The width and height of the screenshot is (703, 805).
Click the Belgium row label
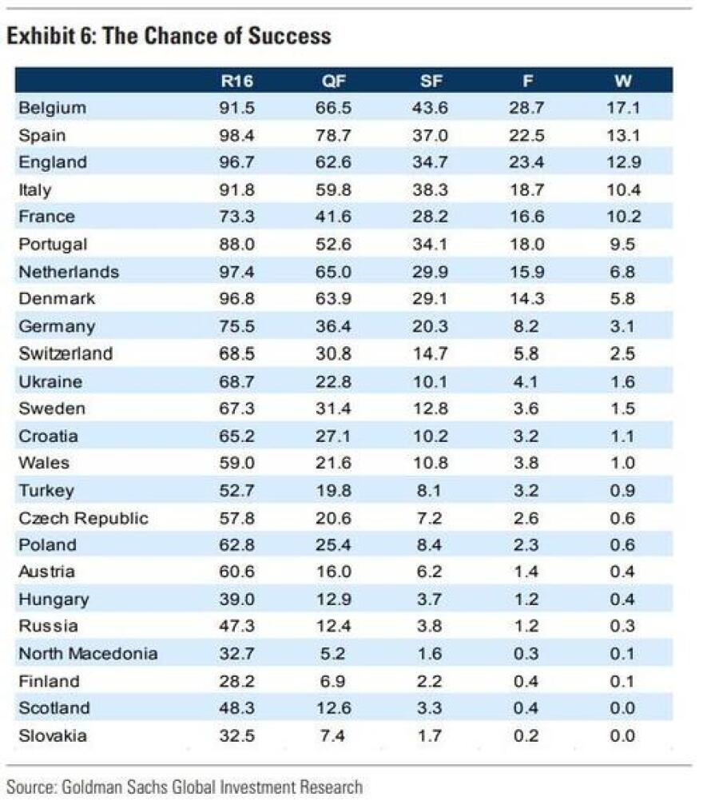(x=52, y=108)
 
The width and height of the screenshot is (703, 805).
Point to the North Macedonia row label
(x=88, y=653)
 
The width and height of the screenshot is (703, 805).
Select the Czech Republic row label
(x=83, y=517)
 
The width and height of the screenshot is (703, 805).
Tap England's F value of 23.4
(x=526, y=162)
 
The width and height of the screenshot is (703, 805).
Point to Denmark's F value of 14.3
(x=526, y=298)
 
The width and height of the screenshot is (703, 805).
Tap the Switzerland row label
(x=66, y=353)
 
